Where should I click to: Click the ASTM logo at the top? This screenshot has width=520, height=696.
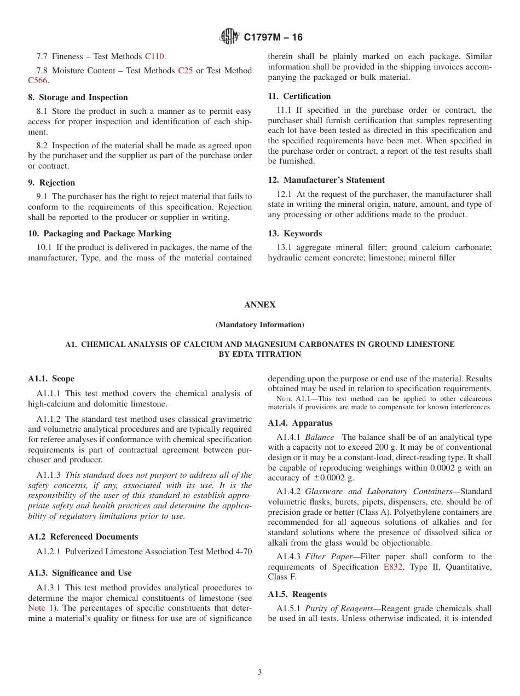tap(229, 37)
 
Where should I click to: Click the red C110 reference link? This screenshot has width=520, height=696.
tap(155, 56)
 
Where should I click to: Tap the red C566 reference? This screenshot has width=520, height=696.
tap(38, 80)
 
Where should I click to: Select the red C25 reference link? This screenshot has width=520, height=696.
tap(186, 71)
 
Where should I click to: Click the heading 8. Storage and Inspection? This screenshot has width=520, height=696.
tap(78, 97)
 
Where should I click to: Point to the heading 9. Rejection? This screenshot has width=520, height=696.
tap(51, 183)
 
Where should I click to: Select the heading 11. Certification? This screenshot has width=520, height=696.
tap(299, 96)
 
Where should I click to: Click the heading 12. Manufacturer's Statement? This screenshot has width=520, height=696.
tap(326, 180)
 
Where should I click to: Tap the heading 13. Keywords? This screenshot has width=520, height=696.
tap(295, 234)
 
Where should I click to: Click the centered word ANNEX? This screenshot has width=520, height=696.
tap(260, 305)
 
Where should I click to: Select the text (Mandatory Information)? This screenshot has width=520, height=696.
tap(260, 324)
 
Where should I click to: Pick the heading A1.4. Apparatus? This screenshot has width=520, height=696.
tap(300, 423)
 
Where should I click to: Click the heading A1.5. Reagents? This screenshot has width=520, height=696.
tap(297, 594)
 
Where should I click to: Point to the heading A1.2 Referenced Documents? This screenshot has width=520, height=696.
tap(83, 537)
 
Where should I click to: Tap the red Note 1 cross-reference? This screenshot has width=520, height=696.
tap(39, 608)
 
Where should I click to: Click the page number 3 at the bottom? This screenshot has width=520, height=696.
tap(260, 672)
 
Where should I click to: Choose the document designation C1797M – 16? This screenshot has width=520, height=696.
tap(273, 37)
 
